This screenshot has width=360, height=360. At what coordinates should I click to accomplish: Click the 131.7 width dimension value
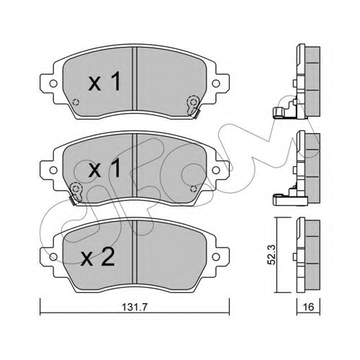135,307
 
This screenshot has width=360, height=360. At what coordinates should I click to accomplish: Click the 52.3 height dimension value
271,255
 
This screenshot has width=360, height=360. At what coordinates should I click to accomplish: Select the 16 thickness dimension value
308,307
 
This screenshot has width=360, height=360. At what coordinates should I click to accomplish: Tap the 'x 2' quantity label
98,258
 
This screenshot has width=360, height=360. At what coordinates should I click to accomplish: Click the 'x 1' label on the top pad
104,82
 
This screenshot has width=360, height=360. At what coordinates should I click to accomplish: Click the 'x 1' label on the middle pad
104,168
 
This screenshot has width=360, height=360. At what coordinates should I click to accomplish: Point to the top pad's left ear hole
53,84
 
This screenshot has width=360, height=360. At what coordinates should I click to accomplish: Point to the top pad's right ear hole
216,84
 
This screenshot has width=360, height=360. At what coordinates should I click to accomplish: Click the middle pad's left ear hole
53,170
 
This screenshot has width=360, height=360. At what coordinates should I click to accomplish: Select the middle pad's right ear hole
216,170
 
